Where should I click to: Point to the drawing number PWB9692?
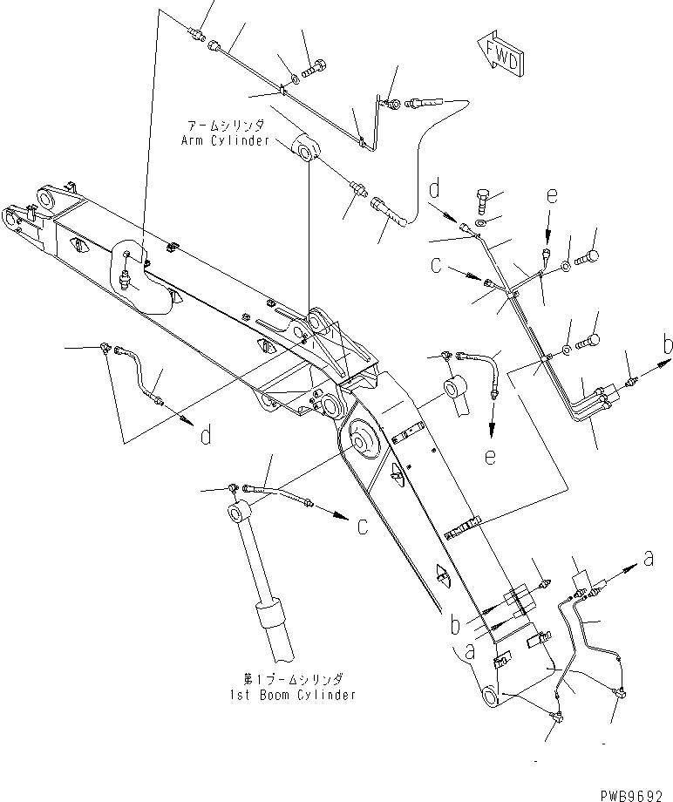(635, 795)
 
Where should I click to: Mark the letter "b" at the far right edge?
(666, 346)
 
